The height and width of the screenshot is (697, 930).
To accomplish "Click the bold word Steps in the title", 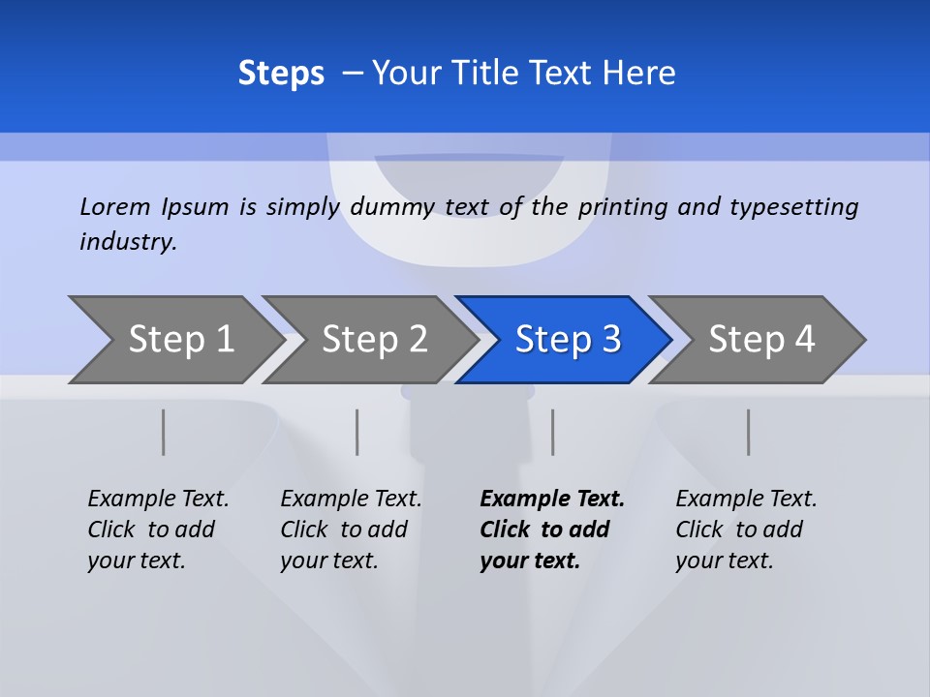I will (281, 74).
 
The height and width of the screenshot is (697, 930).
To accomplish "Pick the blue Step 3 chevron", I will (567, 340).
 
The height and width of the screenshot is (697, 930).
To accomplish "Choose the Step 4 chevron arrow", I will (760, 340).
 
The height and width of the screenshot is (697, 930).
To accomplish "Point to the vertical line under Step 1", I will (164, 432).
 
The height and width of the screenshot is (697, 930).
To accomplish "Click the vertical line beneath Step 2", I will (357, 432).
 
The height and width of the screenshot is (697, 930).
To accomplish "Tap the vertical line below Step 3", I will (553, 432).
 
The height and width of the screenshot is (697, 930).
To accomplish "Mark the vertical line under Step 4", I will (749, 432).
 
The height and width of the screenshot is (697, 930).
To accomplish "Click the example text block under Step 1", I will (158, 530).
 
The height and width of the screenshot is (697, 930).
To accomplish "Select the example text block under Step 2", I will (351, 530).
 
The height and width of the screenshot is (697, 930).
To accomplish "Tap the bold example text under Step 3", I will (552, 530).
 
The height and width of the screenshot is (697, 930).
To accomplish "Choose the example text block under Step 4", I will (746, 530).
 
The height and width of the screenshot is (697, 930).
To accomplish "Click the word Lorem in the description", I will (115, 207).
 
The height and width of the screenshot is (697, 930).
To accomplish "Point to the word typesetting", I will (793, 207).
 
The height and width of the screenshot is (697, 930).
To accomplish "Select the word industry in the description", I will (128, 242).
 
